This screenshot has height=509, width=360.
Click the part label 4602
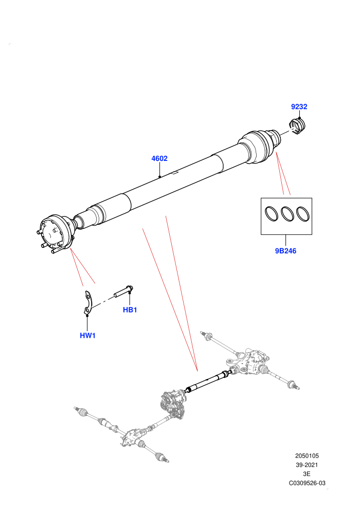click(x=159, y=158)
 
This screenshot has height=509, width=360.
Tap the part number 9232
click(x=299, y=106)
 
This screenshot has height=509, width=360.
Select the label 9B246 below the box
click(x=285, y=250)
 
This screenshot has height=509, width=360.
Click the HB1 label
click(x=130, y=310)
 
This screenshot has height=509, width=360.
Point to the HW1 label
click(x=87, y=335)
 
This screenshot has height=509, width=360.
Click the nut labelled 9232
click(x=298, y=126)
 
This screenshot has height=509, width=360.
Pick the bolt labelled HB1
click(x=123, y=291)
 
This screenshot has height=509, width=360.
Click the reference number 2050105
click(x=307, y=456)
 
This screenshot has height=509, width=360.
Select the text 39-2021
click(x=307, y=465)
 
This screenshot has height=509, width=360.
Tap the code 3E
click(x=307, y=474)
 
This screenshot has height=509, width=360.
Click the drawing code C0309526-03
click(x=307, y=483)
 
